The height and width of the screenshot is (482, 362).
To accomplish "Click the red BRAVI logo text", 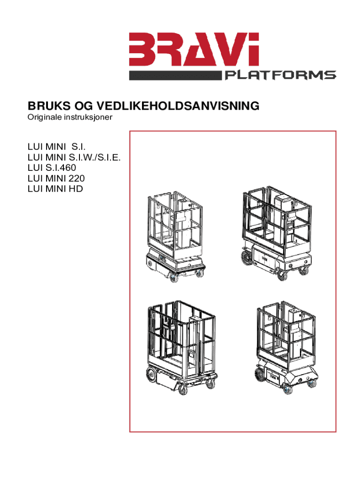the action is tap(194, 49).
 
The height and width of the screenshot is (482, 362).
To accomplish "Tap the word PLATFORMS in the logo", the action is tap(280, 75).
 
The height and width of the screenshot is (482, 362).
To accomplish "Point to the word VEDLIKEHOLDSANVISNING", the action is tap(178, 106).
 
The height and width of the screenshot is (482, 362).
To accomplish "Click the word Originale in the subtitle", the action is tap(44, 117).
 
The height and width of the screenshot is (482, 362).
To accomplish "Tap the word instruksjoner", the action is tap(88, 117).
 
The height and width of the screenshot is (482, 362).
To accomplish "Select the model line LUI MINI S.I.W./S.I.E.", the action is tap(74, 157).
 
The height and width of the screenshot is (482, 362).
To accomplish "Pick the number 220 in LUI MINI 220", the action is tap(77, 178).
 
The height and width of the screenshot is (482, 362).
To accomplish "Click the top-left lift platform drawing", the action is tap(175, 237).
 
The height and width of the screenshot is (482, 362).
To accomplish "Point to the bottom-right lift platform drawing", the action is tap(286, 347).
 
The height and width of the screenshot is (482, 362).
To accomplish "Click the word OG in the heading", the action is tap(84, 106).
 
